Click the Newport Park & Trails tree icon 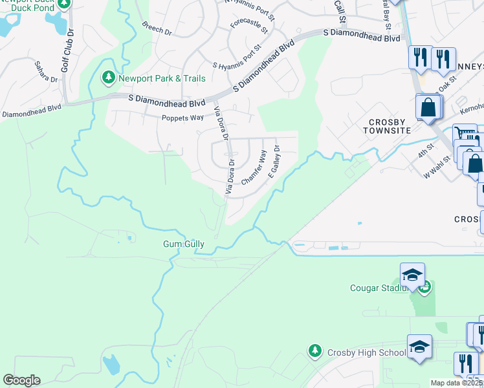click(109, 78)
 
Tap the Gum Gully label click(183, 244)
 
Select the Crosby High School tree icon click(315, 350)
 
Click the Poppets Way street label click(182, 118)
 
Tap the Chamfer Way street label click(254, 169)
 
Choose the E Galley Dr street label click(272, 159)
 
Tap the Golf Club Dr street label click(66, 48)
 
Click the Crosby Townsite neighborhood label click(390, 126)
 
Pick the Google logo click(21, 380)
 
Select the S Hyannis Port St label click(237, 56)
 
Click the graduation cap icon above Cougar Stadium click(413, 276)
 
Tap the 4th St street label click(424, 155)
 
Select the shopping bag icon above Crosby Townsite click(428, 107)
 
